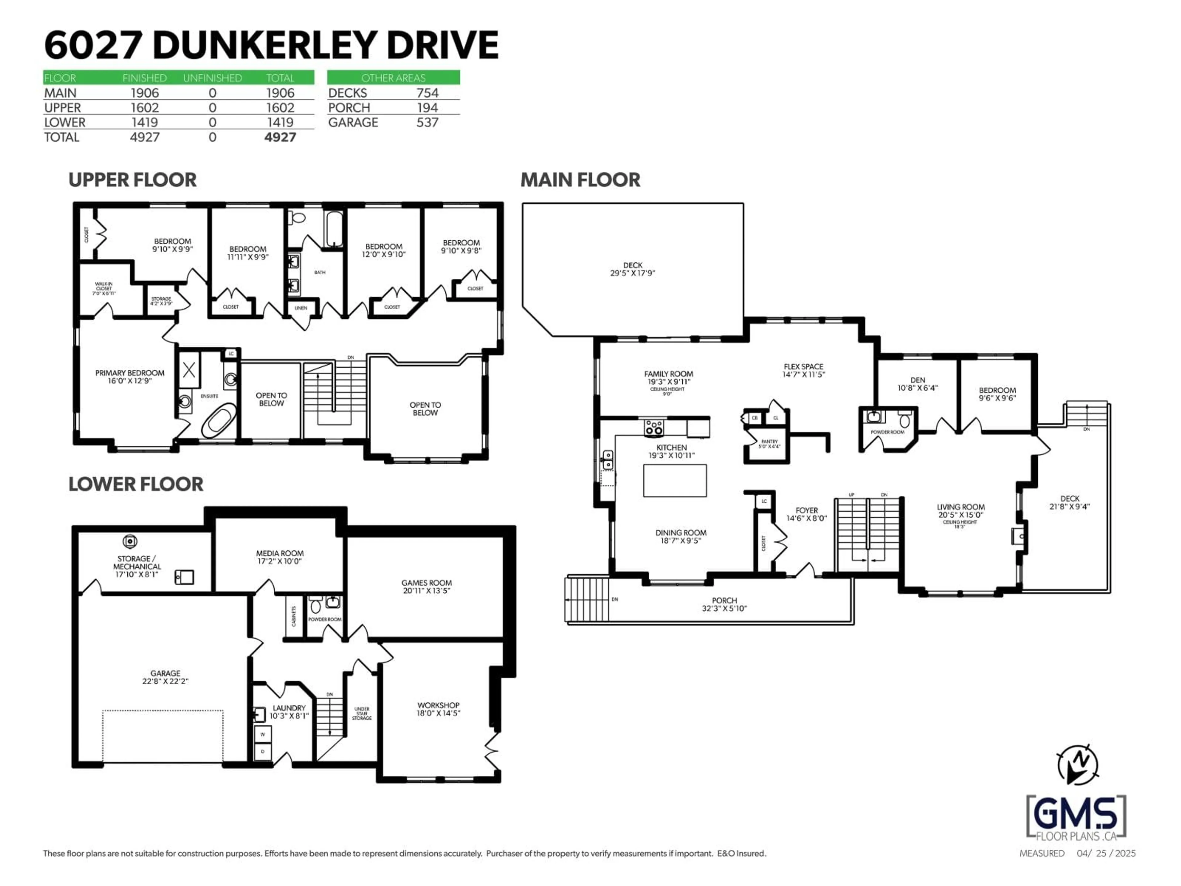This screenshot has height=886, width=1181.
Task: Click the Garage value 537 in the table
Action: click(427, 122)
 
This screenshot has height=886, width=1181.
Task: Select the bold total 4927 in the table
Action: click(280, 137)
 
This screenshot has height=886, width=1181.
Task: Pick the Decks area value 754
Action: click(427, 93)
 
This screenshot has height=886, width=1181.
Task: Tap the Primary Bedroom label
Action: click(130, 373)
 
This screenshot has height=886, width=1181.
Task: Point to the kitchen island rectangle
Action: click(674, 481)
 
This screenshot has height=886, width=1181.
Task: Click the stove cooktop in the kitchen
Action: click(654, 427)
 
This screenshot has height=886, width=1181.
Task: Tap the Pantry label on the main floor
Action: click(769, 442)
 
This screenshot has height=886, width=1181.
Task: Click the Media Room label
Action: click(280, 553)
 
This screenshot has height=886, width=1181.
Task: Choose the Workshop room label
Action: click(438, 705)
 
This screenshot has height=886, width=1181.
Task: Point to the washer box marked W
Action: click(263, 734)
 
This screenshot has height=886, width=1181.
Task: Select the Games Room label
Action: click(427, 583)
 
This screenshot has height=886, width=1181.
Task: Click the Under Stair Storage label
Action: click(361, 713)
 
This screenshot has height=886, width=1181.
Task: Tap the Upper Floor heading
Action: click(133, 180)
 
